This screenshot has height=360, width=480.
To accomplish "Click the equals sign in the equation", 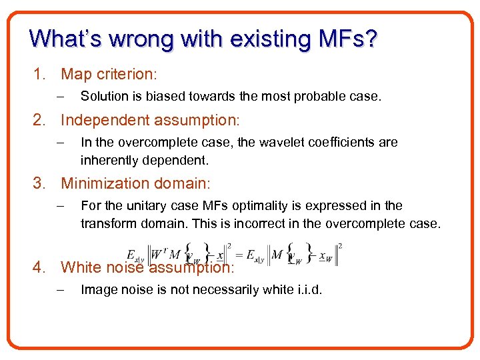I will (x=234, y=255).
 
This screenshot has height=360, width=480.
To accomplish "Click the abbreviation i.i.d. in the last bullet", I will (x=306, y=289).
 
